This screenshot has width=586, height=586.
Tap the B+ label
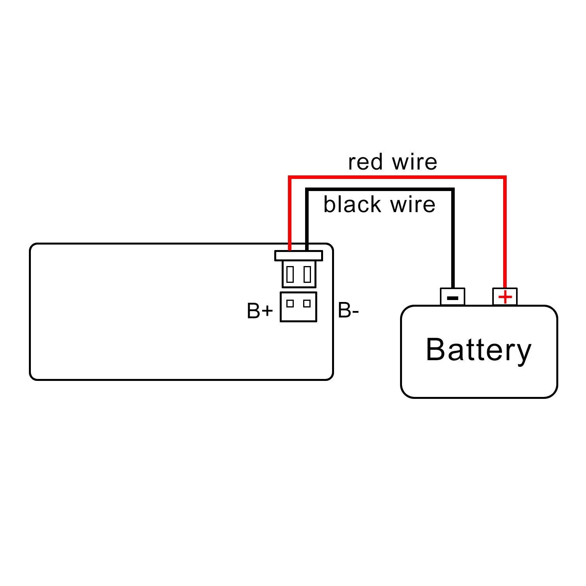(260, 311)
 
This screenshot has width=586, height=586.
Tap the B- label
(348, 311)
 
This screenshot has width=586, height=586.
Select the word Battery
(479, 350)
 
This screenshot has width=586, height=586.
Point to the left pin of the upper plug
(290, 274)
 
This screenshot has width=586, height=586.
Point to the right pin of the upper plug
(307, 274)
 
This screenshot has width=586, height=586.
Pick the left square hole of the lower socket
(290, 303)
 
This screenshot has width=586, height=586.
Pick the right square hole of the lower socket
(307, 303)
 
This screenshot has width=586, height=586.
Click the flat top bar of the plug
(298, 255)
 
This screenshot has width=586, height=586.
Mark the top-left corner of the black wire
(307, 190)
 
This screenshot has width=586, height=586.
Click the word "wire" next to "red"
(415, 163)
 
